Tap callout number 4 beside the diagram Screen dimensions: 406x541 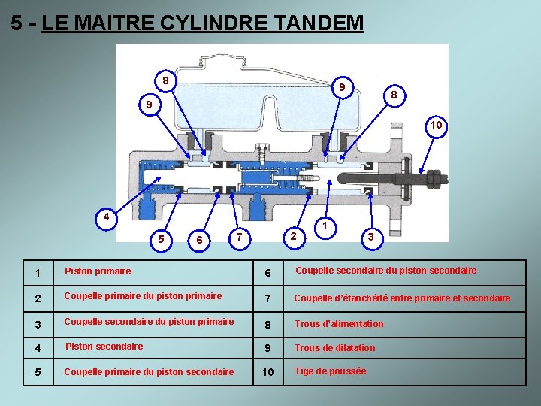click(107, 218)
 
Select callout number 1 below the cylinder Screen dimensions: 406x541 click(324, 225)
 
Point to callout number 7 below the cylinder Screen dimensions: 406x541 click(238, 238)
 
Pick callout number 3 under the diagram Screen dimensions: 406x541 click(370, 238)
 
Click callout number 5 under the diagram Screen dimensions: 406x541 click(162, 239)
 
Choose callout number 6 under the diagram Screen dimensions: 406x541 click(198, 240)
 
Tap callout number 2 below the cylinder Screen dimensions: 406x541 click(294, 238)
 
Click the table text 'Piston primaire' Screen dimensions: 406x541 click(98, 271)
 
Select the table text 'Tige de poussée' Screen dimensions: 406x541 click(331, 371)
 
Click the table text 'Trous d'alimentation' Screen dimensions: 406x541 click(339, 324)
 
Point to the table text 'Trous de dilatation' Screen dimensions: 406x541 click(335, 347)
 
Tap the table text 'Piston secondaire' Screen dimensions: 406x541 click(104, 347)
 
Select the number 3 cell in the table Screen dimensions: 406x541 click(28, 324)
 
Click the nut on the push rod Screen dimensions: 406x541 click(434, 179)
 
